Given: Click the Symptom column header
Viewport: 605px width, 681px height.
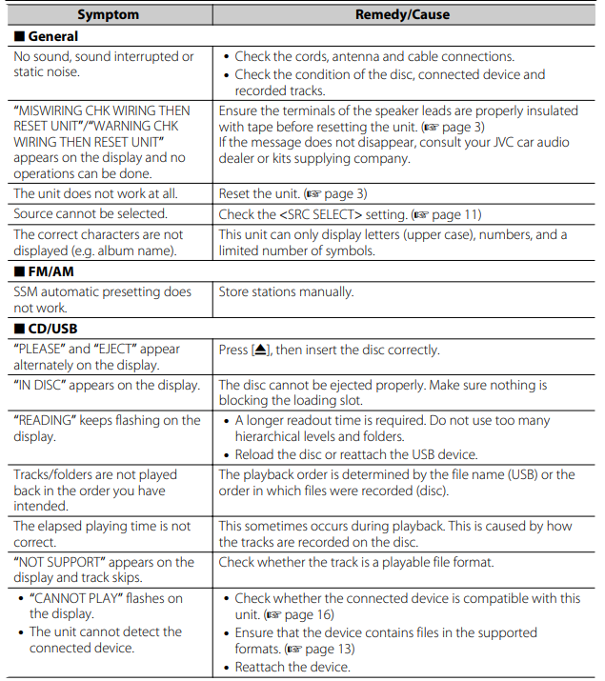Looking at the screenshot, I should coord(108,14).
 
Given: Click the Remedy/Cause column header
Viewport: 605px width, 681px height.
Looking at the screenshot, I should coord(402,14).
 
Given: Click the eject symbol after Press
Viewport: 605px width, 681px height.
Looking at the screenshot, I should coord(259,350).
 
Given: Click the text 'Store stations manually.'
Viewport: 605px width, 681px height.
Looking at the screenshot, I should coord(286,292).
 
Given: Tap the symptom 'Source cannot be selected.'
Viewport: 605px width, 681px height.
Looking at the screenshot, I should coord(91,213).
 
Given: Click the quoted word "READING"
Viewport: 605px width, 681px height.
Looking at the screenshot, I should coord(49,420).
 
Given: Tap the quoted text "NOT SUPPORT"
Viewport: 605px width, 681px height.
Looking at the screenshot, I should coord(65,562).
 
